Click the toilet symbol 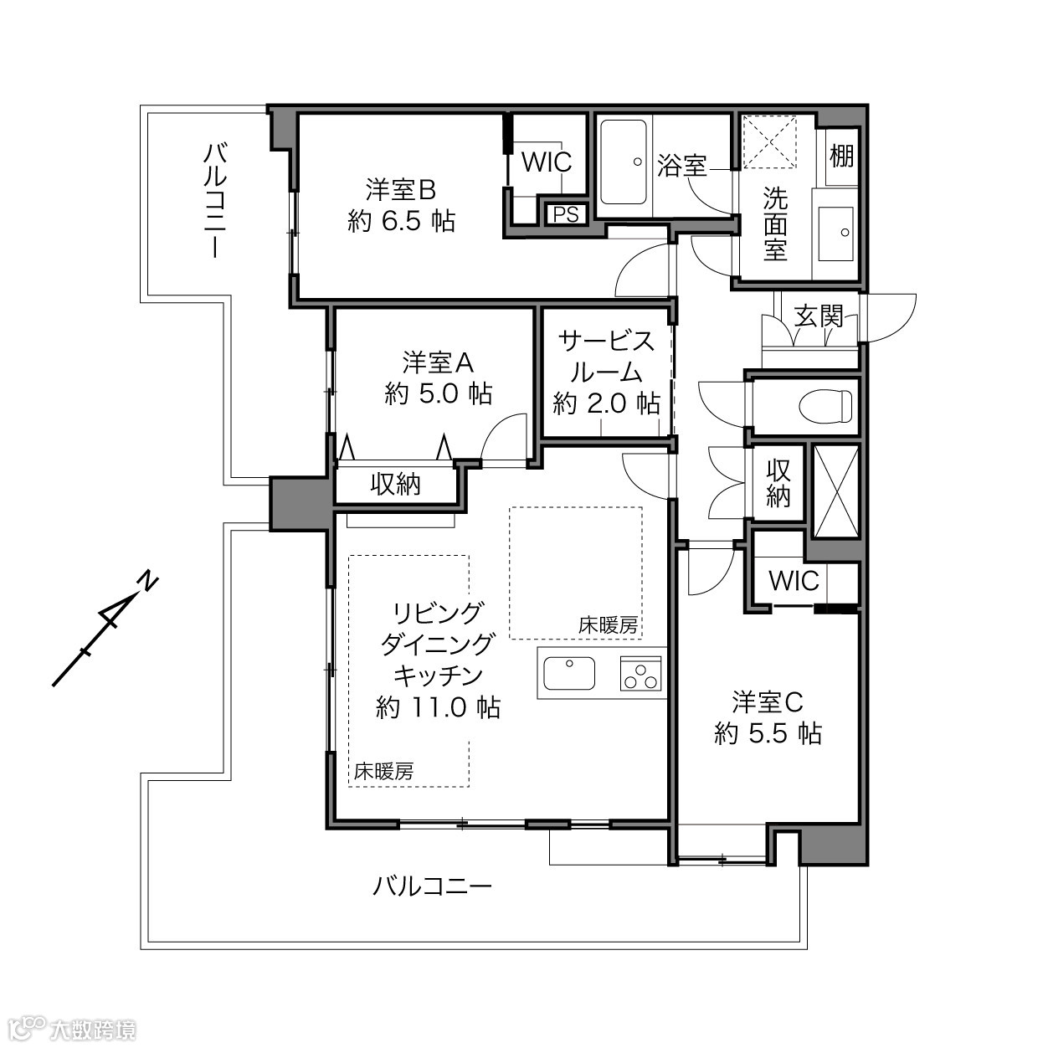point(826,405)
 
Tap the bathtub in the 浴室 point(624,162)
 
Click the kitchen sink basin point(569,673)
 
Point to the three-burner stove point(640,673)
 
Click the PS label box point(566,214)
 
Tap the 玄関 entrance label point(819,316)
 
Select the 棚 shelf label point(841,156)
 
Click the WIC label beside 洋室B point(547,162)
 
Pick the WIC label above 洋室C point(794,582)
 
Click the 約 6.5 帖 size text point(401,221)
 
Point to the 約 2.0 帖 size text point(607,403)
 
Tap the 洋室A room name point(438,362)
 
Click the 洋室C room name point(768,702)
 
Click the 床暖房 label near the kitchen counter point(608,625)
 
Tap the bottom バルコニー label point(433,887)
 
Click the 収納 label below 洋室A point(395,484)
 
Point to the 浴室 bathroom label point(682,166)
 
